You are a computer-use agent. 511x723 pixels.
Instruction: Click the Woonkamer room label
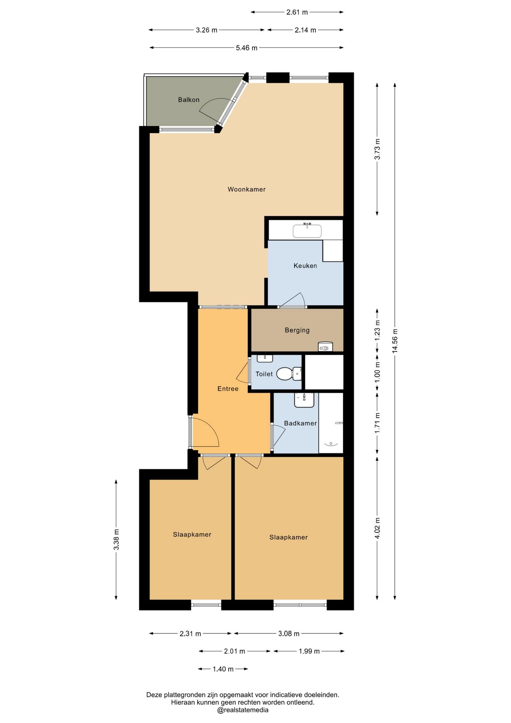(x=246, y=189)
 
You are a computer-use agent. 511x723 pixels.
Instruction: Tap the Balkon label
(x=189, y=100)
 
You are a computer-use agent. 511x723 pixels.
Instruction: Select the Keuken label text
(x=305, y=266)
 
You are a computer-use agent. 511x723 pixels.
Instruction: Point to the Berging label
(x=297, y=330)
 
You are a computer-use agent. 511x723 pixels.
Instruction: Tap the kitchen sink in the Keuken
(x=307, y=230)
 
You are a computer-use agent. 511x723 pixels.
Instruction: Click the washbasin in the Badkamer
(x=304, y=400)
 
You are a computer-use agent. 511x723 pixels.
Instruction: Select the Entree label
(x=228, y=389)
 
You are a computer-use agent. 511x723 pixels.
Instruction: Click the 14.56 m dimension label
(x=395, y=341)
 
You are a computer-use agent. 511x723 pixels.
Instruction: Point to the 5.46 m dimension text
(x=246, y=48)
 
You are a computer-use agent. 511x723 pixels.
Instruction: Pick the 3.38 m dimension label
(x=116, y=540)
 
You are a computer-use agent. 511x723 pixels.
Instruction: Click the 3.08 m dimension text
(x=289, y=634)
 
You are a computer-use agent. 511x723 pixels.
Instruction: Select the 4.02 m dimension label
(x=377, y=528)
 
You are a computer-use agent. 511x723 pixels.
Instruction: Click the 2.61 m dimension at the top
(x=297, y=12)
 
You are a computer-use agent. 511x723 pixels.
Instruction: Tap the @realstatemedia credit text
(x=243, y=710)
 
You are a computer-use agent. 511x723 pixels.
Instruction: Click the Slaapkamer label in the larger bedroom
(x=289, y=538)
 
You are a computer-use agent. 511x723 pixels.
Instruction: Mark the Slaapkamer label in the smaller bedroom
(x=192, y=535)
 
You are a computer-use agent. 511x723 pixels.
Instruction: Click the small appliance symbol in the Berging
(x=325, y=347)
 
